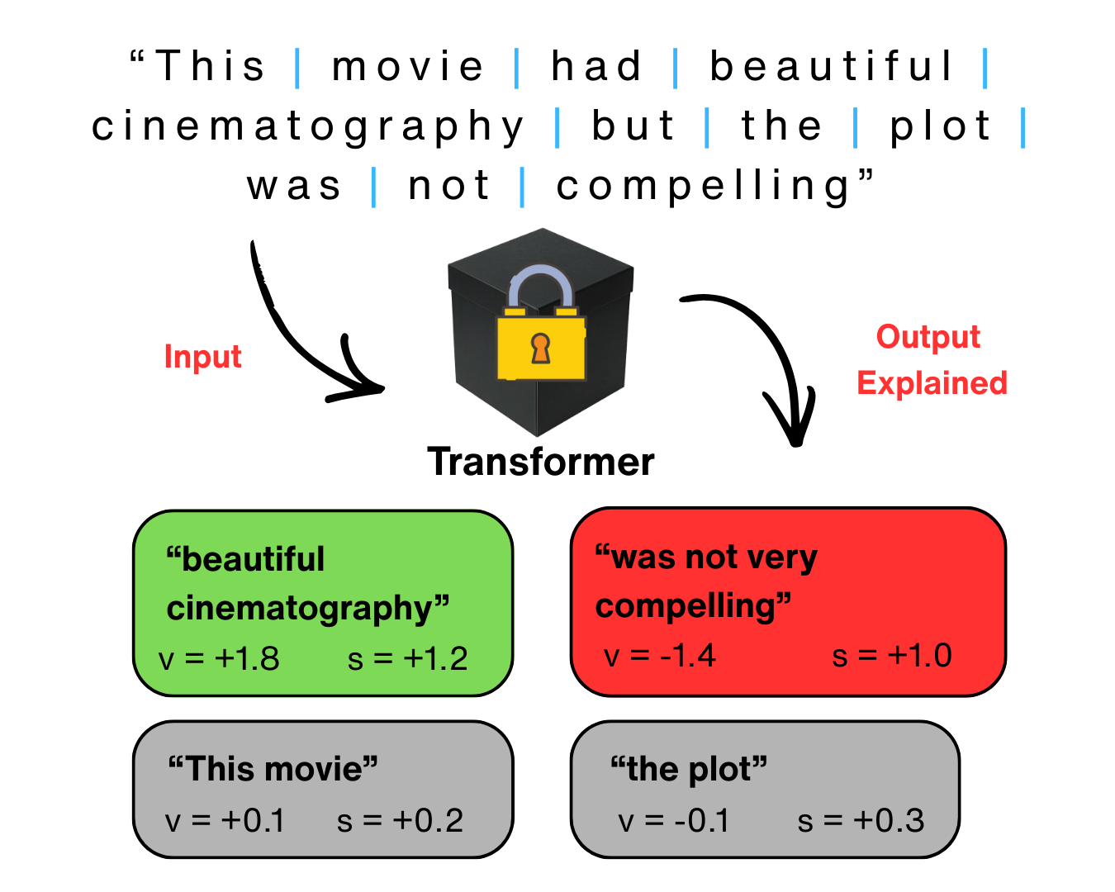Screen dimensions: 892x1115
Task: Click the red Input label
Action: (202, 357)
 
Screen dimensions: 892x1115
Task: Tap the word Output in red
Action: (928, 337)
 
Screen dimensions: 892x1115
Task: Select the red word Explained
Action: (932, 383)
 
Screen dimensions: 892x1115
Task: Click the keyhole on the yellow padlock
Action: (540, 348)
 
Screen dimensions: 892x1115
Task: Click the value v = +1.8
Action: (219, 659)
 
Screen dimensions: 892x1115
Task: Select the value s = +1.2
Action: (408, 659)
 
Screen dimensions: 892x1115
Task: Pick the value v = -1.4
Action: (660, 656)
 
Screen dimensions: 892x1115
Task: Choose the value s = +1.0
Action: (892, 656)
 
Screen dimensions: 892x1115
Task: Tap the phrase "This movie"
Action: (273, 769)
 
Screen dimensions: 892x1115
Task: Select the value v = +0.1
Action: (225, 821)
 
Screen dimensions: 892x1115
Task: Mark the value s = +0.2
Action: (401, 821)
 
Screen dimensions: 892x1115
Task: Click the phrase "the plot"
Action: (689, 769)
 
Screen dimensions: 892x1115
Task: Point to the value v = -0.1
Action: (674, 821)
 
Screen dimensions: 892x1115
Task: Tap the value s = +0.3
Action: (861, 821)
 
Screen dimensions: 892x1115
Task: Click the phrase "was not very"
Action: (706, 557)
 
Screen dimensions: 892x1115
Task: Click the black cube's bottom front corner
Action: (537, 435)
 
